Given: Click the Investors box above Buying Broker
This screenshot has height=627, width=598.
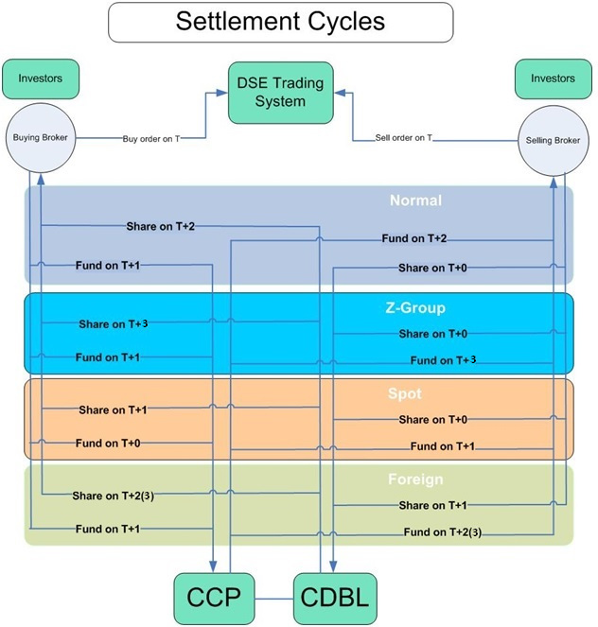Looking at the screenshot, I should (x=40, y=78).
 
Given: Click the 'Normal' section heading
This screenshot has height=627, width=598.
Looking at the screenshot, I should (x=415, y=200).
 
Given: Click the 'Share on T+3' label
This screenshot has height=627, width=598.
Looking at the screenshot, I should (x=114, y=323).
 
